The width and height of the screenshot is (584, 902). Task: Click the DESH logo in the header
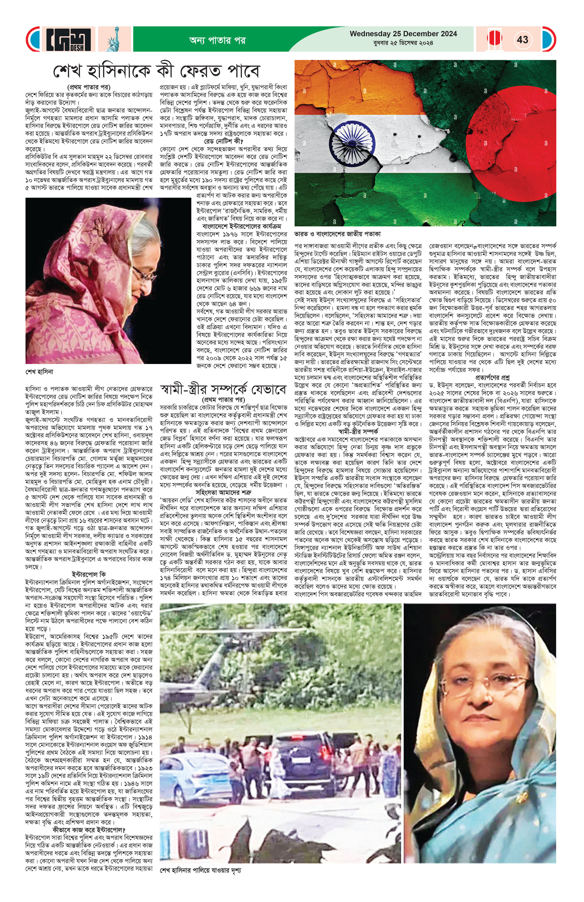coord(69,39)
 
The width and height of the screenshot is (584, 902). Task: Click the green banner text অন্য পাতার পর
coord(217,40)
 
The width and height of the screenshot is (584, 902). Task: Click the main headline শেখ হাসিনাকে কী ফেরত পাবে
coord(156,71)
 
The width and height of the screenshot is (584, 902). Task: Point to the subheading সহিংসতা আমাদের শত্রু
coord(223,492)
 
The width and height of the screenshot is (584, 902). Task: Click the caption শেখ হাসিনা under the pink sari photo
coord(40,372)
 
